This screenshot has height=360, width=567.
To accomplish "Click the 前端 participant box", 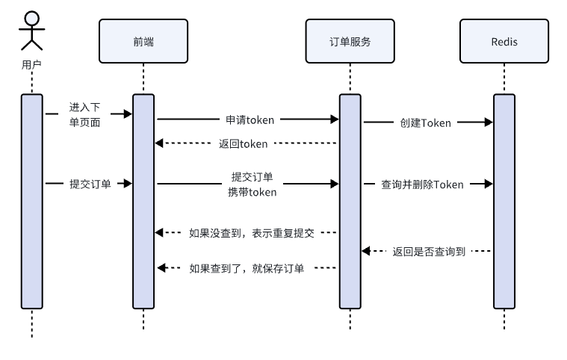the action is [x=143, y=41].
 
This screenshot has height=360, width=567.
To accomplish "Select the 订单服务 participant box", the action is [x=350, y=41].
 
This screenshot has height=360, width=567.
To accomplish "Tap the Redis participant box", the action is [x=504, y=41].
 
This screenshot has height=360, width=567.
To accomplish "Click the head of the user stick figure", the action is [x=32, y=19].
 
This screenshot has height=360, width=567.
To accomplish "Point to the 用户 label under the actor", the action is [x=31, y=65].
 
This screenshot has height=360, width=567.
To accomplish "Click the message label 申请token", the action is [x=250, y=120].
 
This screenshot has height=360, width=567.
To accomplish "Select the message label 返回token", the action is [x=243, y=144].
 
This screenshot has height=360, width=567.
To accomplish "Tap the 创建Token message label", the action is [x=425, y=123].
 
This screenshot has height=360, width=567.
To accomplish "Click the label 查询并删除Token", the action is [x=422, y=184].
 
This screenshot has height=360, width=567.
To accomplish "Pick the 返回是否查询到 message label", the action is [x=429, y=251].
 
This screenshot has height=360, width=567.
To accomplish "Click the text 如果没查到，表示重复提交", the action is [x=252, y=233].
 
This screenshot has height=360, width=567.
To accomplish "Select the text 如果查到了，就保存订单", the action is [x=247, y=269].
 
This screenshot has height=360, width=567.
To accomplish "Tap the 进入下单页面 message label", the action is [x=84, y=114].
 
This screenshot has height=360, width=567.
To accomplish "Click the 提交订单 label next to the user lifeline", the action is [x=90, y=184].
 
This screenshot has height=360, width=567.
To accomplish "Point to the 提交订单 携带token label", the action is [x=252, y=184].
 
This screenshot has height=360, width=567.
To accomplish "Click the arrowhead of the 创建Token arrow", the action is [x=489, y=122].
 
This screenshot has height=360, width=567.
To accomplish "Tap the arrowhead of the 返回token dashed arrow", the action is [x=159, y=143].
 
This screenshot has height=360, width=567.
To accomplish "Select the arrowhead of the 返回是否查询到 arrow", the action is [x=366, y=251].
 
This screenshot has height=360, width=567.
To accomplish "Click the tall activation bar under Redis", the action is [x=504, y=202].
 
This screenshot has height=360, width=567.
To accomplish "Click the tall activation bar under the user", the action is [x=32, y=202].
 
